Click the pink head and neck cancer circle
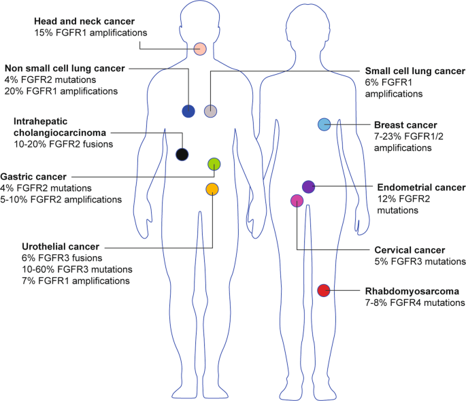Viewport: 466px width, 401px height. pos(200,48)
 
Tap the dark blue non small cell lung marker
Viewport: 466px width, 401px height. pos(188,111)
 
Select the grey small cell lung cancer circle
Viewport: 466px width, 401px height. pos(211,111)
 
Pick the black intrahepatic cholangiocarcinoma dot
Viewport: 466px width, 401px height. pos(182,154)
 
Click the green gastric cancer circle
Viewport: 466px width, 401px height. pos(214,163)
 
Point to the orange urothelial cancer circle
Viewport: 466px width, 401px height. pos(212,188)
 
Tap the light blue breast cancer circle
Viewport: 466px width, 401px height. pos(324,124)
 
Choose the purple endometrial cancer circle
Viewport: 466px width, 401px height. pos(308,186)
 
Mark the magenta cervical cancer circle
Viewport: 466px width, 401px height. pos(297,201)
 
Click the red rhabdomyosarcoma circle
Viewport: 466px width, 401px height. pos(324,290)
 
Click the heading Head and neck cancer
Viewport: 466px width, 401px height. pos(81,20)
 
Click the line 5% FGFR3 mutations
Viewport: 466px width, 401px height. pos(420,261)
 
